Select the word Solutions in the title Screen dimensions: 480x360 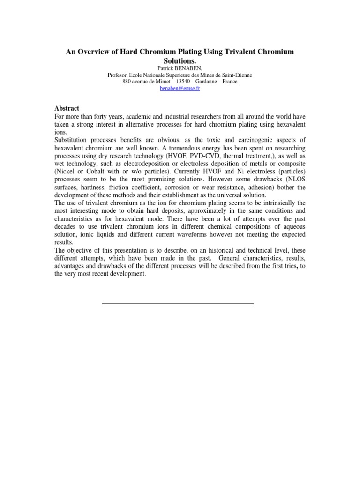tap(180, 61)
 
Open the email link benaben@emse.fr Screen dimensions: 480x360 tap(180, 89)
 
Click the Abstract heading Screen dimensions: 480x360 tap(67, 108)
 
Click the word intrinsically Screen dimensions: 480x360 tap(285, 203)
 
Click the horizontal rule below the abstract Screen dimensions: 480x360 tap(178, 304)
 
